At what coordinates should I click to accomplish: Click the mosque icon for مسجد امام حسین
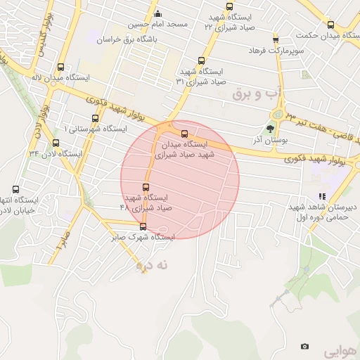point(157,13)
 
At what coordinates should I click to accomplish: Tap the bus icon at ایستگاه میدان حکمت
point(331,24)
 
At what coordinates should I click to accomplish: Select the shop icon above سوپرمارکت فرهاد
point(275,39)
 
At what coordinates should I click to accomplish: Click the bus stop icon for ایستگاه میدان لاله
point(60,68)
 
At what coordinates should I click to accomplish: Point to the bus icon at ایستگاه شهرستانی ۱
point(95,118)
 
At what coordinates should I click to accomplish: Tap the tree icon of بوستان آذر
point(270,128)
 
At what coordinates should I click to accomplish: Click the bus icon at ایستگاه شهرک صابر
point(143,226)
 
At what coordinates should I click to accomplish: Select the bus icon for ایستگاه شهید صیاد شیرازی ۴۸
point(146,187)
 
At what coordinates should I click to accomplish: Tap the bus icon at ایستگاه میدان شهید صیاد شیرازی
point(185,134)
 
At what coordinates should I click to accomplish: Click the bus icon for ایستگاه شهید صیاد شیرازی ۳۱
point(202,60)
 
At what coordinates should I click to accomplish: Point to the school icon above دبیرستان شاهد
point(321,197)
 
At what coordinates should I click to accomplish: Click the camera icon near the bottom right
point(304,347)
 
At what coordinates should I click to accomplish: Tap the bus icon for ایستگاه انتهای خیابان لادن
point(16,189)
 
